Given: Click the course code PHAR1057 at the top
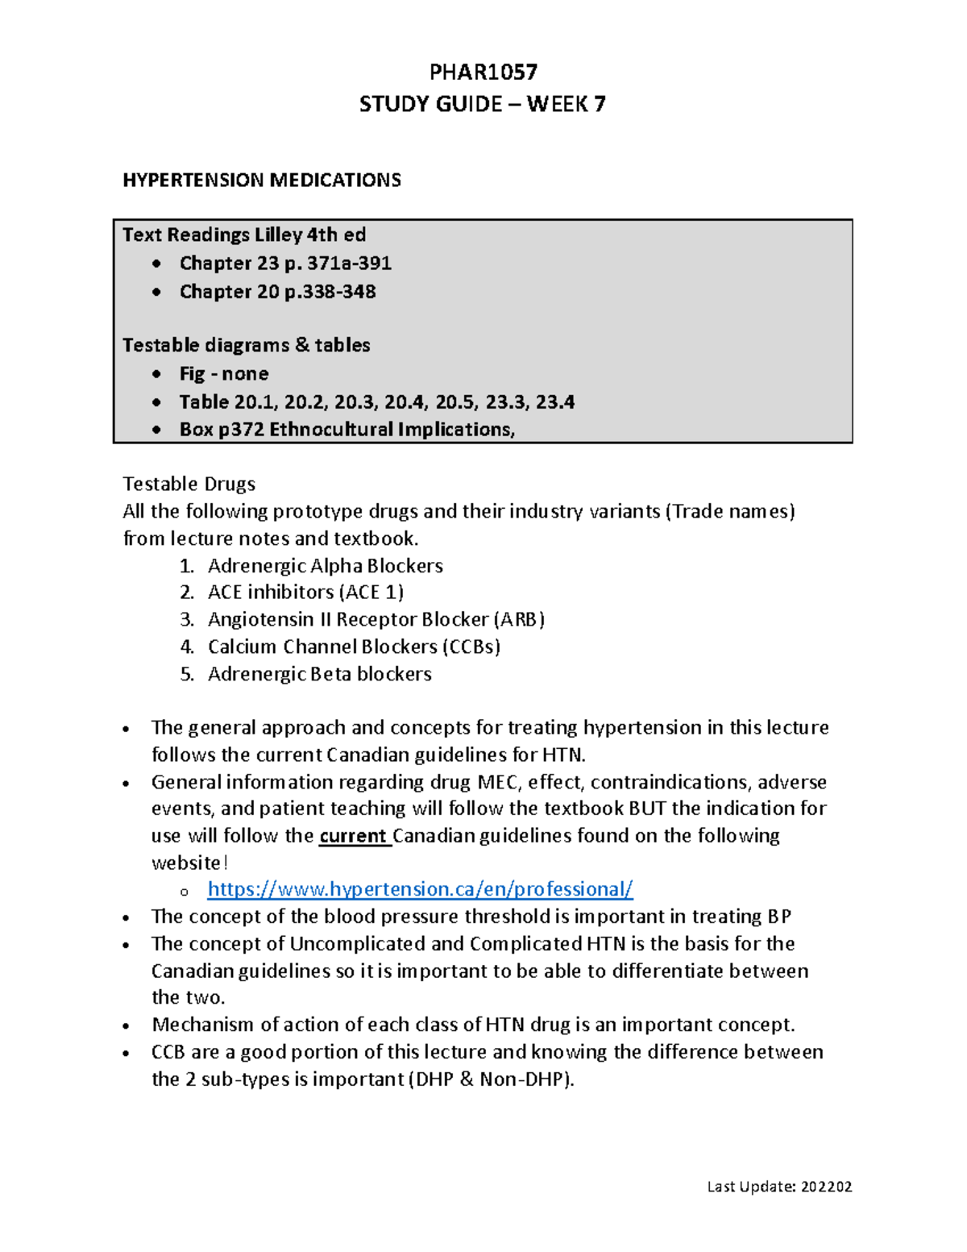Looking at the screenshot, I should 483,73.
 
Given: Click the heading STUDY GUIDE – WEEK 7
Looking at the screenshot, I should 482,104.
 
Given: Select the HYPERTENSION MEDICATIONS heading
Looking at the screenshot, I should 262,180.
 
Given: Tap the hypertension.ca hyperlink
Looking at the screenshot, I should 420,889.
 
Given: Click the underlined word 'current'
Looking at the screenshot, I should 353,836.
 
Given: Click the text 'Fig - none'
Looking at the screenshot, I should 224,374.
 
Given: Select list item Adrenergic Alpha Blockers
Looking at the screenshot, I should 325,566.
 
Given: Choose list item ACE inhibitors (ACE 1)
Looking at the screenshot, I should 305,593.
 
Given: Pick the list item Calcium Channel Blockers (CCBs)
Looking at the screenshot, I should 354,647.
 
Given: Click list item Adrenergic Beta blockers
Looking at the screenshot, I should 319,674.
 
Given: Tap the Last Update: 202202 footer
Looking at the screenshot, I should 779,1186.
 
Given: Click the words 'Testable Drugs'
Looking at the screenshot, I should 189,484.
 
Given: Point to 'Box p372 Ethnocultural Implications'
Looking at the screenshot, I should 347,430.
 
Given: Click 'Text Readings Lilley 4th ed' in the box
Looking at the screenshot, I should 244,235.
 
